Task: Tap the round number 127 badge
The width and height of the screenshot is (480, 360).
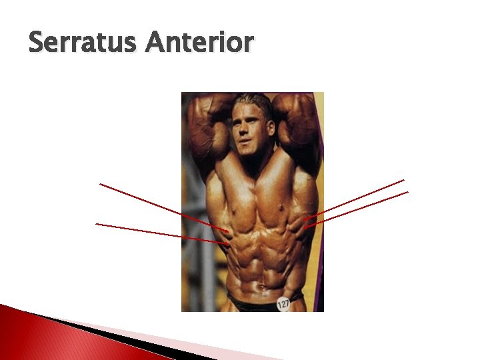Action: tap(284, 304)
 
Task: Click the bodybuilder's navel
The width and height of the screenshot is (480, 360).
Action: tap(262, 288)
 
